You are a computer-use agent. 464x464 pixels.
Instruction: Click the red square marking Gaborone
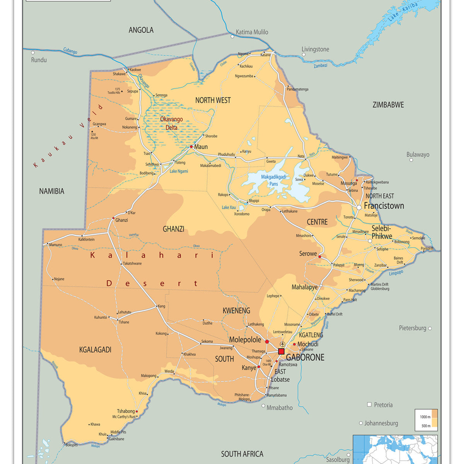click(281, 351)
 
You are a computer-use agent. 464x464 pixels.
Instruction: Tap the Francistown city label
click(384, 206)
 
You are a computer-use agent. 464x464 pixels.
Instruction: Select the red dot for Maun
click(191, 147)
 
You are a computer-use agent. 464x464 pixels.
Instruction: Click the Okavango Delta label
click(171, 123)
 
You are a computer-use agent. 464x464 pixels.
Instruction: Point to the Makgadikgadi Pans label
click(274, 180)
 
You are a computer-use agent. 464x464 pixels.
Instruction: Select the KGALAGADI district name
click(95, 350)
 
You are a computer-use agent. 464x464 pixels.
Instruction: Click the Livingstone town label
click(315, 49)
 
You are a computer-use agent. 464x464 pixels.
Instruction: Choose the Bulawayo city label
click(418, 155)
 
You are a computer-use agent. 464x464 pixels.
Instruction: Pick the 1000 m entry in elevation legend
click(425, 417)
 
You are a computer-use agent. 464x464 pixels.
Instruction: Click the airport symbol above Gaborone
click(282, 344)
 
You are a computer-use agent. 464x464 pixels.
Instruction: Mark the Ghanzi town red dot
click(113, 218)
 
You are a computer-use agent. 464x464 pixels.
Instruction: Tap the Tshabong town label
click(126, 411)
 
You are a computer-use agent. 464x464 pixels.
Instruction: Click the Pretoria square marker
click(369, 404)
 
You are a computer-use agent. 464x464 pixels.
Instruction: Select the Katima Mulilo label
click(252, 32)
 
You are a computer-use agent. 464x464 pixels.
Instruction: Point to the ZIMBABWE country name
click(388, 105)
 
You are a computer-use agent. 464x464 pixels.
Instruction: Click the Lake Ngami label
click(179, 171)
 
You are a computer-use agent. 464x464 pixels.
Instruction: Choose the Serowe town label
click(308, 254)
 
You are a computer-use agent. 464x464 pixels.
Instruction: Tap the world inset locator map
click(395, 449)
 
